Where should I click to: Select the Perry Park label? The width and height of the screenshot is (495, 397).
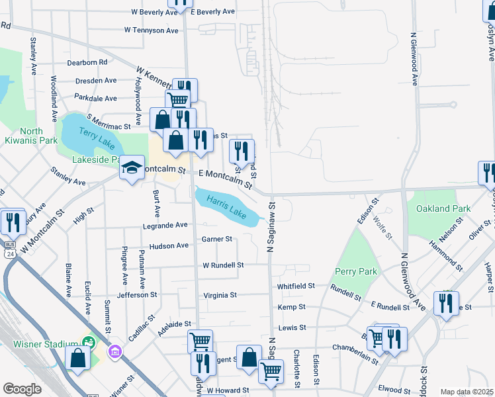356,271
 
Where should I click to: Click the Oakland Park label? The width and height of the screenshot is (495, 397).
443,208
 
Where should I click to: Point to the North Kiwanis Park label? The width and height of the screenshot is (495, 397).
30,136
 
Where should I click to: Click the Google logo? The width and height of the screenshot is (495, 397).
22,388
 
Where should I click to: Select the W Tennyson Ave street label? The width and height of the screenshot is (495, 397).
152,30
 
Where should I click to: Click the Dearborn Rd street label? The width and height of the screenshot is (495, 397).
87,62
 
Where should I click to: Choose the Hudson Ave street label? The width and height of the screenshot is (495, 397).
169,245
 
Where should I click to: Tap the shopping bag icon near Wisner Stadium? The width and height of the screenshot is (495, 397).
78,358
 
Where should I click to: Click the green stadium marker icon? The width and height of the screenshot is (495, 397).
88,342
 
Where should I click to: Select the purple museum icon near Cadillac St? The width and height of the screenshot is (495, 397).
116,350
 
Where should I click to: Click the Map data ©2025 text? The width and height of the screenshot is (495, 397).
467,392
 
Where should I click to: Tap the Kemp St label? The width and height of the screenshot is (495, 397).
291,307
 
